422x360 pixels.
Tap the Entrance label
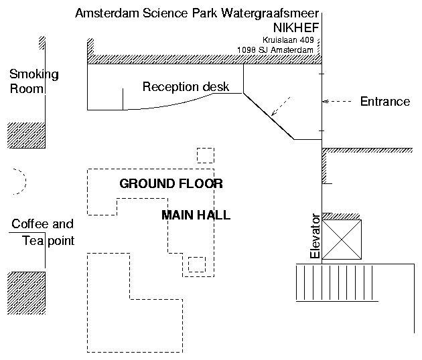tap(384, 102)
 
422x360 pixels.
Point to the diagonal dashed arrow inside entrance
tap(282, 106)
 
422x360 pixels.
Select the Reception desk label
tap(186, 87)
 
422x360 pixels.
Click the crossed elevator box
tap(342, 239)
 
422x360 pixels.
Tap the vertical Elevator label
tap(316, 236)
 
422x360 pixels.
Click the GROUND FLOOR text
tap(171, 183)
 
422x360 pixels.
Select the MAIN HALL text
tap(196, 215)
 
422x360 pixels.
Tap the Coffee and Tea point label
tap(43, 232)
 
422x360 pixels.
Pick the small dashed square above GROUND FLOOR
tap(206, 155)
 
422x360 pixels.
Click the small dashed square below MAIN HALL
tap(197, 264)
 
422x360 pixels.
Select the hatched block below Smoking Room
tap(26, 135)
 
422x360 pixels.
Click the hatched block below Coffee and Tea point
tap(26, 292)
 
